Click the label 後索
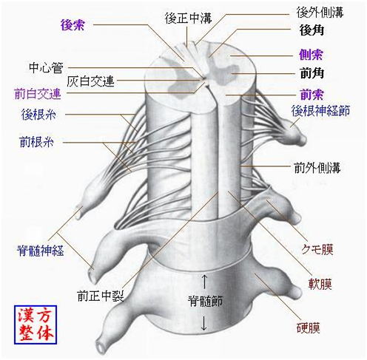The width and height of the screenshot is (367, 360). pos(73,25)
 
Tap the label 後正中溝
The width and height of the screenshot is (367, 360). pos(189,18)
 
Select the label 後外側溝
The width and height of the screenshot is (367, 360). pos(320,13)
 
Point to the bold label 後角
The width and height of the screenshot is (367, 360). pos(312,30)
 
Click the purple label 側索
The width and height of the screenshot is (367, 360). pos(311,55)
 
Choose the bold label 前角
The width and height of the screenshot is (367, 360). pos(312,73)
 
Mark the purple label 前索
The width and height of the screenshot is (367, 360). pos(312,95)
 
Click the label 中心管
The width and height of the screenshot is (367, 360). pos(46,68)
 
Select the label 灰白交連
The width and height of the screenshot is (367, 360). pos(90,81)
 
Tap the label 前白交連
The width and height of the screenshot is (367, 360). pos(38,94)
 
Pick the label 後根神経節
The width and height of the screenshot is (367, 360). pos(320,111)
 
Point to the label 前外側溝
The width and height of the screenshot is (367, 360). pos(317,168)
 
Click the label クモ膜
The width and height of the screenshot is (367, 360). pos(317,249)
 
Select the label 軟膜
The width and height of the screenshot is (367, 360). pos(320,284)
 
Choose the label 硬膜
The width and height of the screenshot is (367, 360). pos(309,328)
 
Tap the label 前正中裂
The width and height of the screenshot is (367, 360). pos(101,296)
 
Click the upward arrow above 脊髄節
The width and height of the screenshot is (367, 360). pos(204,282)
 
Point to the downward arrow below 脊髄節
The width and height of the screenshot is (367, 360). pos(203,323)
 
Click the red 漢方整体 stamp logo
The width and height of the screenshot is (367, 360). pos(36,325)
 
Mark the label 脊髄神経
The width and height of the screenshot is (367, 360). pos(40,251)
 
